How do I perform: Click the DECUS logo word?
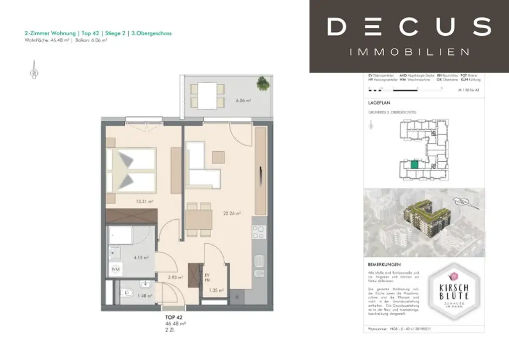coord(409,26)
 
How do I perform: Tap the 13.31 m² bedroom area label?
coord(144,202)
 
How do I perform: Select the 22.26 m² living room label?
coord(232,213)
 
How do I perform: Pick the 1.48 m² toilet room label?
coord(145,295)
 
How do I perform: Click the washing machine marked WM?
coord(116,269)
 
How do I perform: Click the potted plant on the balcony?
coord(263,84)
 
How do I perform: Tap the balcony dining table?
coord(207,95)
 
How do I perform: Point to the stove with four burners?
coord(259,231)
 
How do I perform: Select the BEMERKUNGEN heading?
coord(384,265)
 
